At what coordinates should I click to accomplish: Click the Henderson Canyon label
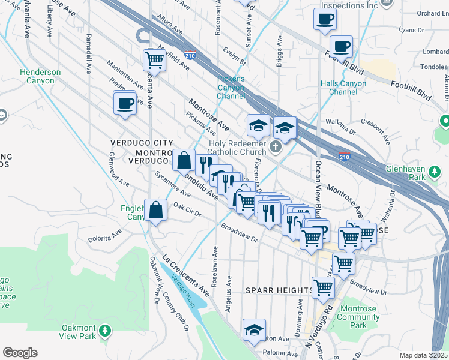point(40,76)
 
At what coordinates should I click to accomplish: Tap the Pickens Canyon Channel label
point(231,88)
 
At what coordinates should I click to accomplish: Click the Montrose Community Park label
point(358,317)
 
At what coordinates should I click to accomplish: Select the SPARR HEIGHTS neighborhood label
point(279,290)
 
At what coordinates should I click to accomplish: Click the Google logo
point(20,353)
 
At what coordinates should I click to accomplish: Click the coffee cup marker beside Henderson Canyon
point(125,103)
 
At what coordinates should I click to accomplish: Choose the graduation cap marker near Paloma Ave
point(255,329)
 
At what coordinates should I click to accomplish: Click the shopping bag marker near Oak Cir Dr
point(156,211)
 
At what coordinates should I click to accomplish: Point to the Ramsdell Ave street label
point(88,53)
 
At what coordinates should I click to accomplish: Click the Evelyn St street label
point(234,57)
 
